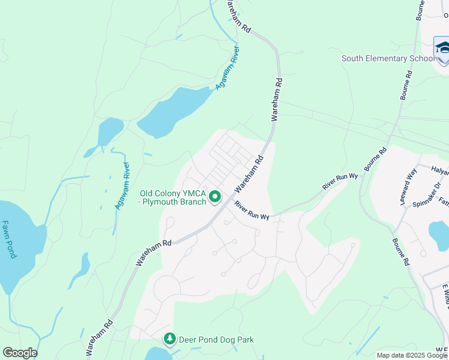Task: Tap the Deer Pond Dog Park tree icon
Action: pos(170,340)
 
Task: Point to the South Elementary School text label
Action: pos(388,58)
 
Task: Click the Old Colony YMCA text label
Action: pos(173,197)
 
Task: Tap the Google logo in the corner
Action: pos(20,353)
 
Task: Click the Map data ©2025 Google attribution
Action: pos(412,355)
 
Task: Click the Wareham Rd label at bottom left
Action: pos(100,335)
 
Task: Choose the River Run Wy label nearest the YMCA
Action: pos(253,211)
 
